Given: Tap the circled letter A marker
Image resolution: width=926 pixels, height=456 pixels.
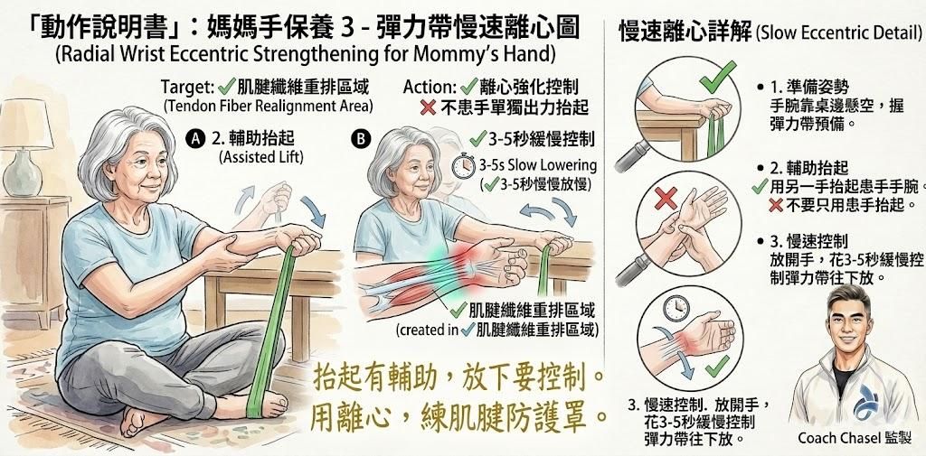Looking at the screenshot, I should point(192,138).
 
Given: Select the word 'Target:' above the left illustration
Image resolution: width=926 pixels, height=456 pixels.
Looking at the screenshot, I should point(187,88).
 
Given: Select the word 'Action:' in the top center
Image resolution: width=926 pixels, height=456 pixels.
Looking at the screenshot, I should point(429,88).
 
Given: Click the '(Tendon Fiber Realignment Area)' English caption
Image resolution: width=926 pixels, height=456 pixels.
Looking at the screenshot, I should point(269,107).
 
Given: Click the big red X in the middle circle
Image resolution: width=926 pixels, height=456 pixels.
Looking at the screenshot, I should point(666,198).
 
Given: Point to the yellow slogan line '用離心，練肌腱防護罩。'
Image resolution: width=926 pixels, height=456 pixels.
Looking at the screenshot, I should point(458,415).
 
